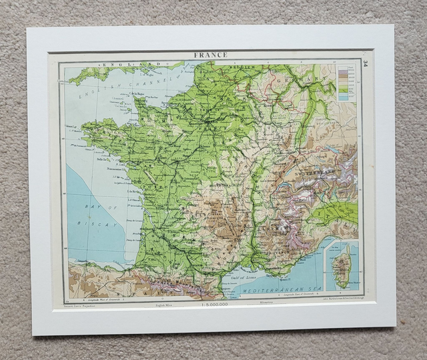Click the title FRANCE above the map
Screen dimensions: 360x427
point(211,55)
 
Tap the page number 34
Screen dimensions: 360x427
point(366,64)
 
